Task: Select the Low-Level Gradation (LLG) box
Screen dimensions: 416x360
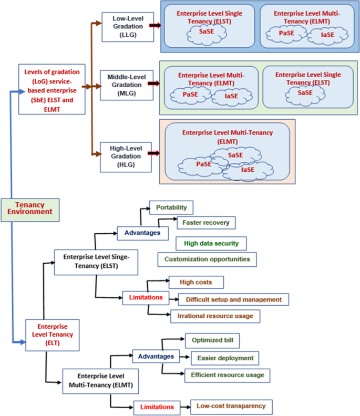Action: coord(122,25)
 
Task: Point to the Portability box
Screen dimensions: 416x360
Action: coord(171,207)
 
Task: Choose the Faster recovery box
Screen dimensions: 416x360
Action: coord(205,223)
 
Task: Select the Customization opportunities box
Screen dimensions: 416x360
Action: coord(207,259)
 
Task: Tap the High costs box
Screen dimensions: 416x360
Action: coord(196,282)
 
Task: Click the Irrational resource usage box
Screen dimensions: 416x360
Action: coord(215,316)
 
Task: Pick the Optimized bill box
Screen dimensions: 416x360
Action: coord(212,340)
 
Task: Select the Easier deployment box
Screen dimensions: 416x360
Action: coord(225,358)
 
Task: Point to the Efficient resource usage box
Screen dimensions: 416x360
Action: coord(227,375)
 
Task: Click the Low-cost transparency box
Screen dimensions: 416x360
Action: coord(231,405)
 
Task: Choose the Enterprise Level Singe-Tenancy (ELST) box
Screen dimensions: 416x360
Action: coord(96,262)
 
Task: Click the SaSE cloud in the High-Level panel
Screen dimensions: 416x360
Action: coord(235,155)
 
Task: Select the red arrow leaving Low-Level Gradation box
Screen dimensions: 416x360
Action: coord(155,25)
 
